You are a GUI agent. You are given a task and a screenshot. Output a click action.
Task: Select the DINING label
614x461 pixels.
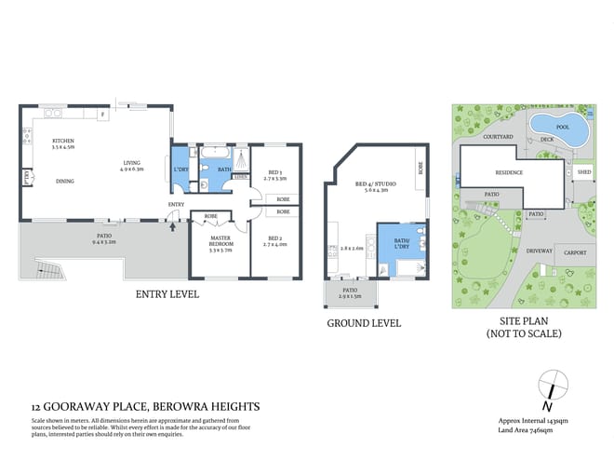pyautogui.click(x=64, y=181)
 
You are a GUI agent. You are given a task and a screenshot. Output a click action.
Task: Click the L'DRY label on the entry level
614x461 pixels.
pyautogui.click(x=180, y=169)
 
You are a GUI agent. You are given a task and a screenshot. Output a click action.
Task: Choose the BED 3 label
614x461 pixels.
pyautogui.click(x=275, y=173)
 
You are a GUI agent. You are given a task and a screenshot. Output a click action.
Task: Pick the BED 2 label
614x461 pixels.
pyautogui.click(x=275, y=241)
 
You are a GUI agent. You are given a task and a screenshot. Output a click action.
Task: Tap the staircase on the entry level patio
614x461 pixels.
pyautogui.click(x=46, y=272)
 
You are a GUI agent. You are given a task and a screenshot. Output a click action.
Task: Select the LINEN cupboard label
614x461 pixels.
pyautogui.click(x=240, y=177)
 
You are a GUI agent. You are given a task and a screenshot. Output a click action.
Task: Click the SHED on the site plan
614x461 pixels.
pyautogui.click(x=583, y=172)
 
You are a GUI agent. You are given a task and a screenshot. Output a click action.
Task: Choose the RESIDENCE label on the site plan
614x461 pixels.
pyautogui.click(x=508, y=172)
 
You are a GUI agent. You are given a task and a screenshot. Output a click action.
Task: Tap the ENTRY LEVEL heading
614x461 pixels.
pyautogui.click(x=167, y=294)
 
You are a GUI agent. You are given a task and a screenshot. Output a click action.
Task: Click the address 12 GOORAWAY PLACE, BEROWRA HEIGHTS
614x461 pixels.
pyautogui.click(x=145, y=406)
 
